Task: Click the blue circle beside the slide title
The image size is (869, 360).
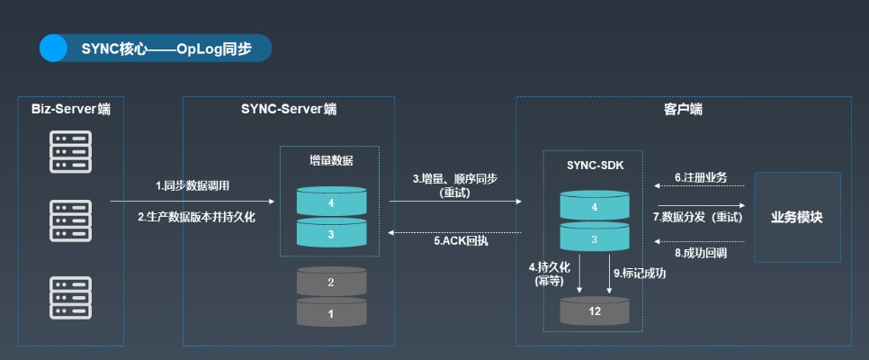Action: click(x=53, y=48)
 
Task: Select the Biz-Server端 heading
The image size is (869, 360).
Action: click(x=71, y=109)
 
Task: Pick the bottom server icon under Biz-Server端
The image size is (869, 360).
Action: click(x=71, y=296)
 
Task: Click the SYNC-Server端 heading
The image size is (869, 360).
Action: click(x=289, y=109)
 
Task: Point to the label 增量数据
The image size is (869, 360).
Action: click(x=330, y=161)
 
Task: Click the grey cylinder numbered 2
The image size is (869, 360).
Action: click(x=330, y=282)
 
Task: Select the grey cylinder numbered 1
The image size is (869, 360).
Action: click(x=330, y=313)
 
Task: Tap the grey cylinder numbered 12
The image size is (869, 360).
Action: click(x=594, y=310)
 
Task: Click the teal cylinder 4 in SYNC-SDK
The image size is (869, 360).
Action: click(x=594, y=206)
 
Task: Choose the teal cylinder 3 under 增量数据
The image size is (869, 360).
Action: click(x=330, y=234)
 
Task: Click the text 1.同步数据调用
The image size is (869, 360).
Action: click(x=193, y=186)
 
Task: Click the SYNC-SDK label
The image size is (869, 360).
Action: click(x=594, y=166)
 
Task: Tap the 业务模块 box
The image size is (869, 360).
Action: click(x=796, y=217)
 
